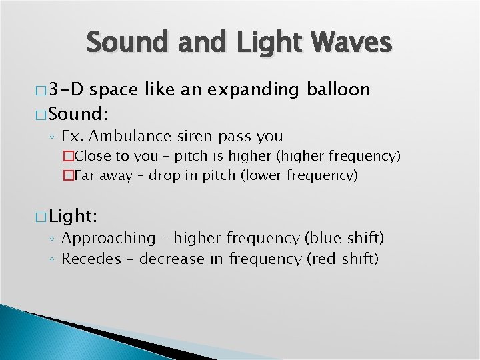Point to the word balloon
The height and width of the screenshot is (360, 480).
coord(338,89)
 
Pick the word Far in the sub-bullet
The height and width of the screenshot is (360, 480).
coord(85,176)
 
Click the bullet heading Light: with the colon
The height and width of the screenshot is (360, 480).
coord(72,215)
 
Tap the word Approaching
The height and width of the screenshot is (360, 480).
coord(108,239)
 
